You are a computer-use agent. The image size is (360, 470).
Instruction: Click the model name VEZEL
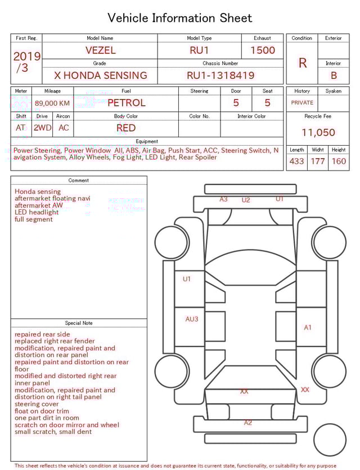point(100,50)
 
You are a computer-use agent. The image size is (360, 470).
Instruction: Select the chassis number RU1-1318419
point(220,75)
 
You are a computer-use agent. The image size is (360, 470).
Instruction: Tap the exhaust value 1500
point(263,50)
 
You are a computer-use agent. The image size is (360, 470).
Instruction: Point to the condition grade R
point(302,63)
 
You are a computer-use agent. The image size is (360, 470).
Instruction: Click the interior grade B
point(334,75)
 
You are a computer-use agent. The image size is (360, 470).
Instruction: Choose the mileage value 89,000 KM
point(52,103)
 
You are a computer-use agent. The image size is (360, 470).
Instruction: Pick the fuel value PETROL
point(126,102)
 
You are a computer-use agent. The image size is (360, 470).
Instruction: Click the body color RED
point(126,128)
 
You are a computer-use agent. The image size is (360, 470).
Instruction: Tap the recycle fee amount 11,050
point(318,132)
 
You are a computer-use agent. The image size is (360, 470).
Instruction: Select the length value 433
point(296,161)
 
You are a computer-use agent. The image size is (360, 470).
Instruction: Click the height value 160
point(339,161)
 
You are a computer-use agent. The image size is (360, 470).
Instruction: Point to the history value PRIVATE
point(302,102)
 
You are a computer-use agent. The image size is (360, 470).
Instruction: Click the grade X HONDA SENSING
point(100,75)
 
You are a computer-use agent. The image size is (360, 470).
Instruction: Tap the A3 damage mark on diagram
point(223,199)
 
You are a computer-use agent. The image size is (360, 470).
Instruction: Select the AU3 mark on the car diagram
point(192,319)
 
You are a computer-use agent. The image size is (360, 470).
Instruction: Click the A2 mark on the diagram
point(248,422)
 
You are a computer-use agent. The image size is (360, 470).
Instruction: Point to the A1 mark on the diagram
point(308,327)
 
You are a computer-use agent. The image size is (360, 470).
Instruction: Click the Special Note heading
point(79,323)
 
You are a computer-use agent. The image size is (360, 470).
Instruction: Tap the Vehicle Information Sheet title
point(180,18)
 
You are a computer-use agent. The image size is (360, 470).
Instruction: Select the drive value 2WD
point(42,128)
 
